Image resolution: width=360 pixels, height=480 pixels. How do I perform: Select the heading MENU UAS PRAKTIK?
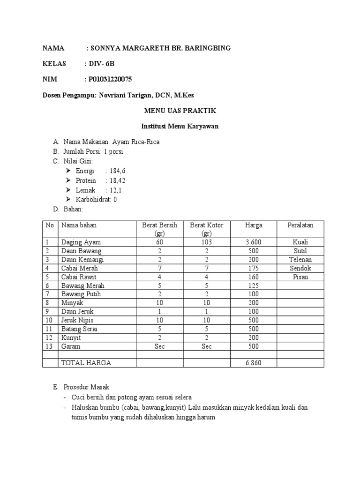[x=180, y=111]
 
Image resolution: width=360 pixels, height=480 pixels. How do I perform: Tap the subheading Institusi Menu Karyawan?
[x=180, y=127]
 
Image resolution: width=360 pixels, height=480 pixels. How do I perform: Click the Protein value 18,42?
[x=118, y=180]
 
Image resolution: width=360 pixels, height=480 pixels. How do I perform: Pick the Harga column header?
[x=254, y=225]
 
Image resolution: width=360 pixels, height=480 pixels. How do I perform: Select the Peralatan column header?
[x=300, y=225]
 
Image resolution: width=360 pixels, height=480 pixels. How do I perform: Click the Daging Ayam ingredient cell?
[x=81, y=242]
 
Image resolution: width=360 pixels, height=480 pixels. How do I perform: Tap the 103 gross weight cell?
[x=206, y=242]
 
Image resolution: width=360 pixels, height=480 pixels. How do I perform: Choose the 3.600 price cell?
[x=254, y=242]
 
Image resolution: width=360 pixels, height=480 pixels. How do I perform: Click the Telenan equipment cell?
[x=300, y=260]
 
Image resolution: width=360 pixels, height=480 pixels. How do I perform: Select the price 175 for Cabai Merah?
[x=254, y=269]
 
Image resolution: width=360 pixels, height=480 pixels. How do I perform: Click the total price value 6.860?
[x=254, y=363]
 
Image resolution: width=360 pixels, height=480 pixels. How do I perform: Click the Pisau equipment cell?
[x=300, y=277]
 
